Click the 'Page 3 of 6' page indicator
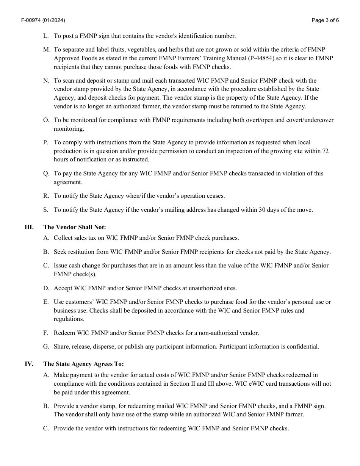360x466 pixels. click(325, 20)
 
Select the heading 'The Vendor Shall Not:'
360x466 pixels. click(75, 227)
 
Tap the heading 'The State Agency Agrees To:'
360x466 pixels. click(83, 364)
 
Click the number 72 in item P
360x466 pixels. click(325, 151)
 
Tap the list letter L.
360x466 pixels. click(46, 36)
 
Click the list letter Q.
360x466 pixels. click(46, 174)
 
